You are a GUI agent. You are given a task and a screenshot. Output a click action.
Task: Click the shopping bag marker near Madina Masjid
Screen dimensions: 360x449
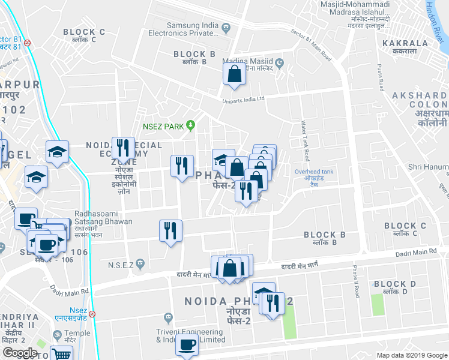(234, 75)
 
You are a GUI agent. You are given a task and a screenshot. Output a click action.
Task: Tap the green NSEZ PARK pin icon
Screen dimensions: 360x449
(191, 125)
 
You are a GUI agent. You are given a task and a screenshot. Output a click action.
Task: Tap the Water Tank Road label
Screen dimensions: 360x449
(305, 142)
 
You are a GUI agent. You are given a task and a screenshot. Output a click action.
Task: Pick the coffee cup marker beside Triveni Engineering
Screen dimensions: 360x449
(187, 345)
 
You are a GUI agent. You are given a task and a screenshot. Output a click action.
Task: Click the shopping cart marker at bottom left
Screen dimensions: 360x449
(61, 353)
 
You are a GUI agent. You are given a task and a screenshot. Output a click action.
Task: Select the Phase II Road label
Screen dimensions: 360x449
(356, 282)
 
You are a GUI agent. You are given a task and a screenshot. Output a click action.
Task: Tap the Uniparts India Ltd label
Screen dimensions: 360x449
(243, 100)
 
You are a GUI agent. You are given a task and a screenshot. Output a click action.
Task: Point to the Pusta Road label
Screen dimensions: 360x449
(379, 77)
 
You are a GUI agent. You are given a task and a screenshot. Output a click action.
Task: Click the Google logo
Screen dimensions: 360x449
(20, 353)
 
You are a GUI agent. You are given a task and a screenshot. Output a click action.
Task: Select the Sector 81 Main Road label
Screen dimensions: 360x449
(311, 44)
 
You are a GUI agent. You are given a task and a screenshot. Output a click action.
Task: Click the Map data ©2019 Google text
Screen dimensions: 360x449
(411, 355)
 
